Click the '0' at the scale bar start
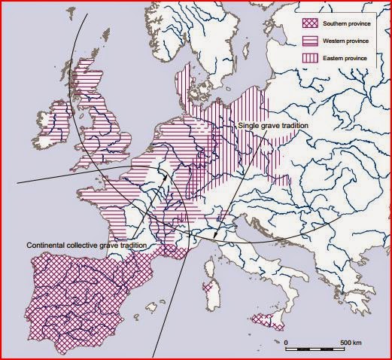tap(286, 343)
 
